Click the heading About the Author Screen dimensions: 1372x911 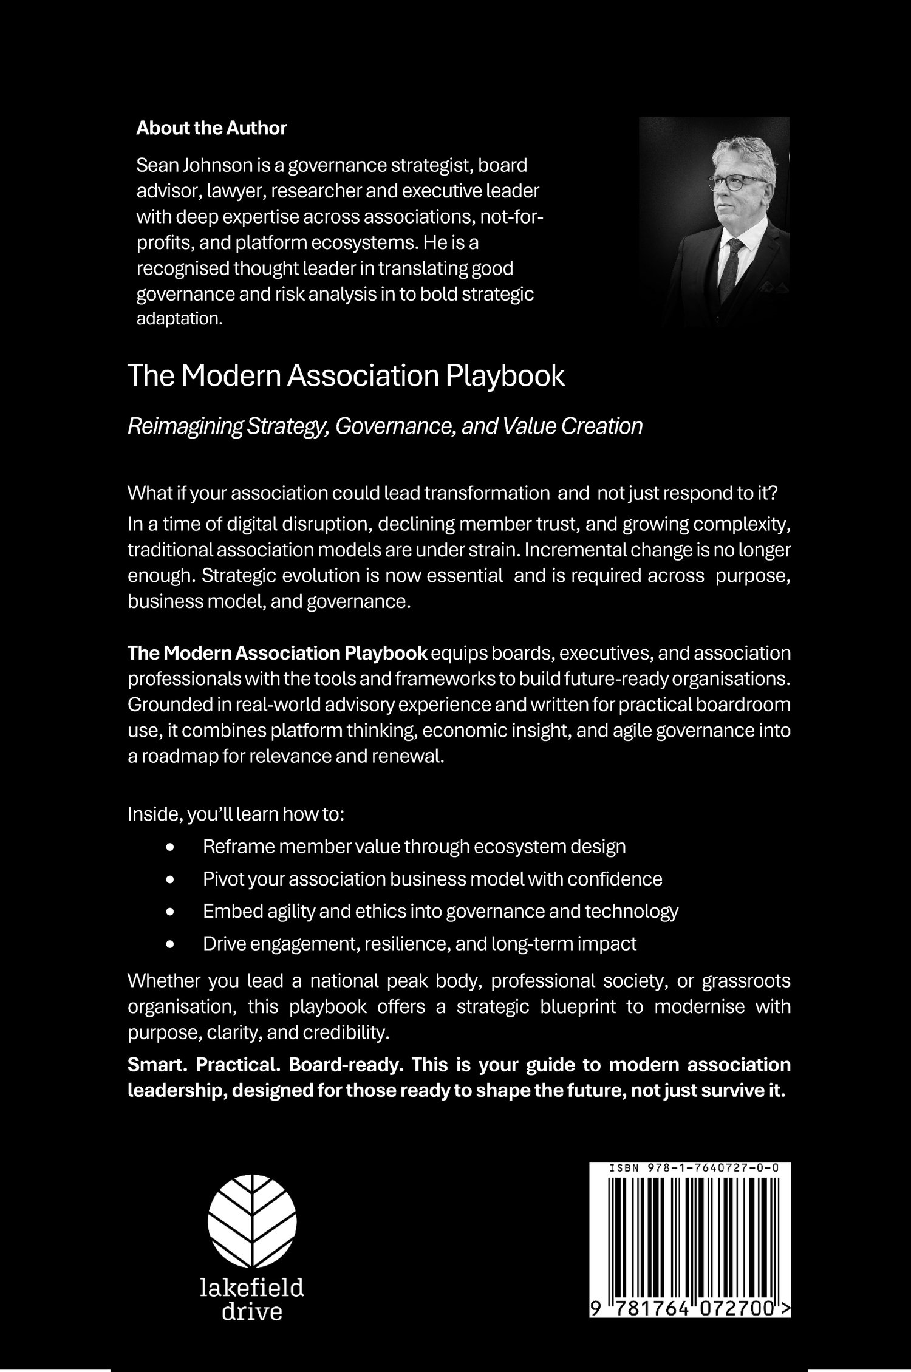[x=211, y=128]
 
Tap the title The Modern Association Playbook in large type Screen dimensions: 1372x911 [x=346, y=377]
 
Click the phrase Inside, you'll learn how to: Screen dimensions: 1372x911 [x=236, y=814]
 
